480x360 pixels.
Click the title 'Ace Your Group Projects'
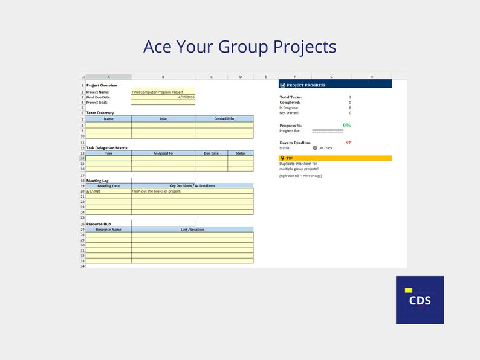click(x=239, y=47)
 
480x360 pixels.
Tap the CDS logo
click(x=420, y=300)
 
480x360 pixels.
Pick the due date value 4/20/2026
click(x=186, y=97)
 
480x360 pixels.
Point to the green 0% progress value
click(x=346, y=125)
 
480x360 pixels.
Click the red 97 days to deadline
click(x=348, y=143)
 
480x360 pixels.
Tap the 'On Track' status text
click(x=325, y=148)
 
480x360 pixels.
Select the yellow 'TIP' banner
click(x=335, y=158)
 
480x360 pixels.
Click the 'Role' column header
click(x=163, y=119)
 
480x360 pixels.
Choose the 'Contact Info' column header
click(x=224, y=119)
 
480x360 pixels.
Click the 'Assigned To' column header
click(x=163, y=153)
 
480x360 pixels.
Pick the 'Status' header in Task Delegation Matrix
click(x=241, y=153)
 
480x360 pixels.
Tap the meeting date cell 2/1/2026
click(x=94, y=191)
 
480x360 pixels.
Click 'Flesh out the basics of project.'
click(x=156, y=191)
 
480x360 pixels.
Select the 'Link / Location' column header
click(x=192, y=230)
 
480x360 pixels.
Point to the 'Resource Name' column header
click(x=108, y=230)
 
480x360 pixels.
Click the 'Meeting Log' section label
click(x=97, y=181)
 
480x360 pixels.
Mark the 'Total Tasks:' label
click(x=291, y=97)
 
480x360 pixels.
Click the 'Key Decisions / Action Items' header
click(x=192, y=186)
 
